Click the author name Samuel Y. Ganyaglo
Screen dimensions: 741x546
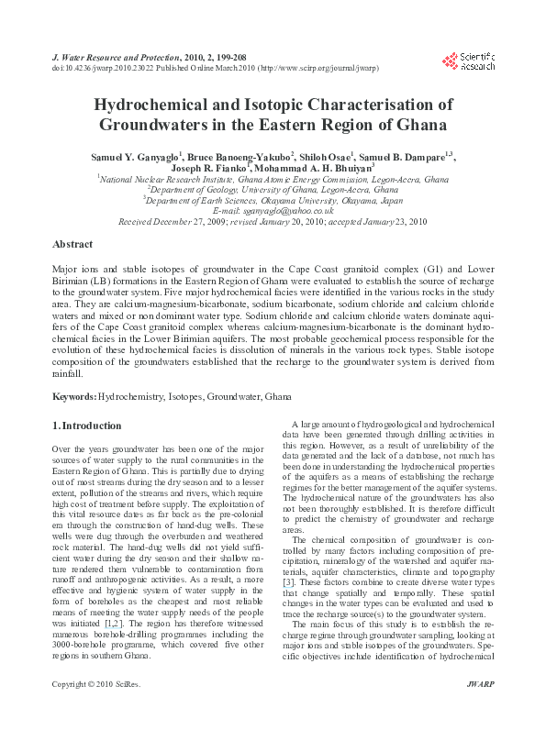click(145, 156)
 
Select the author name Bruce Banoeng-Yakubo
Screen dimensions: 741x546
click(246, 156)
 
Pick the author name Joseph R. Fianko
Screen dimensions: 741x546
click(232, 169)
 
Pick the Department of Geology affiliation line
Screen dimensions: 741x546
click(274, 189)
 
